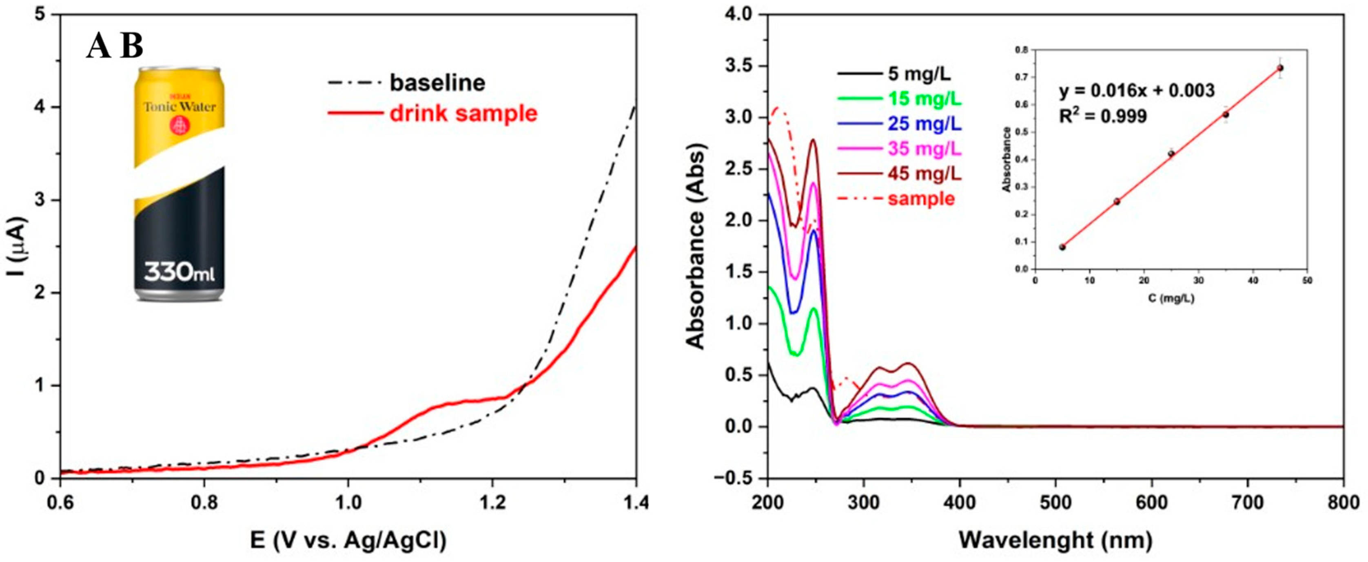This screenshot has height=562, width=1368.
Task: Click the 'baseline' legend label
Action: (437, 83)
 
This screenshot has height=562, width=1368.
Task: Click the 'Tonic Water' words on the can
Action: (180, 107)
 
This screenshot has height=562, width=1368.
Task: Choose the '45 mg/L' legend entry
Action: (925, 174)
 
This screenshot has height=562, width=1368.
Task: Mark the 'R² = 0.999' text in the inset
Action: (1103, 116)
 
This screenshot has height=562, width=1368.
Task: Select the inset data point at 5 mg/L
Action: (1062, 247)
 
